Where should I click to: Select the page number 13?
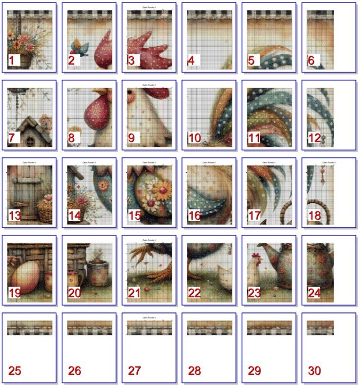15,216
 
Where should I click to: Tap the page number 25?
15,371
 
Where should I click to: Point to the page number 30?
314,371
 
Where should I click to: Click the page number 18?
314,216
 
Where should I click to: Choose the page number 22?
194,293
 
